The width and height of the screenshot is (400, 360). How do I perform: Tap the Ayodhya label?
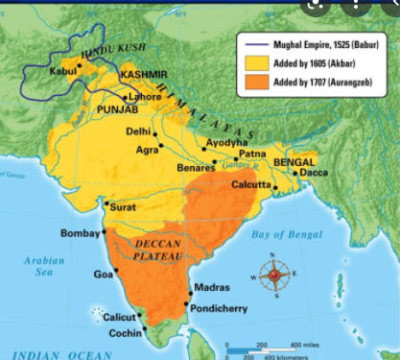click(x=223, y=142)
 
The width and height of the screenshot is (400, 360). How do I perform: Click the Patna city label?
click(x=252, y=154)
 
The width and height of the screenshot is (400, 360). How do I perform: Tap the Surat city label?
click(x=123, y=205)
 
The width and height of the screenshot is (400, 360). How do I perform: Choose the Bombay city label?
click(x=81, y=233)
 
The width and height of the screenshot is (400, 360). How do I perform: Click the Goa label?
click(x=103, y=275)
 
